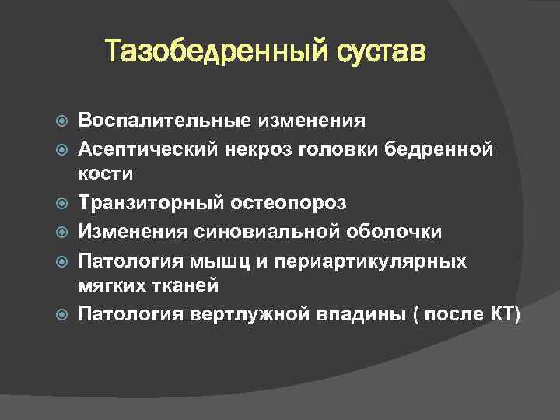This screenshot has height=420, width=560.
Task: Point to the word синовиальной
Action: click(257, 232)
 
